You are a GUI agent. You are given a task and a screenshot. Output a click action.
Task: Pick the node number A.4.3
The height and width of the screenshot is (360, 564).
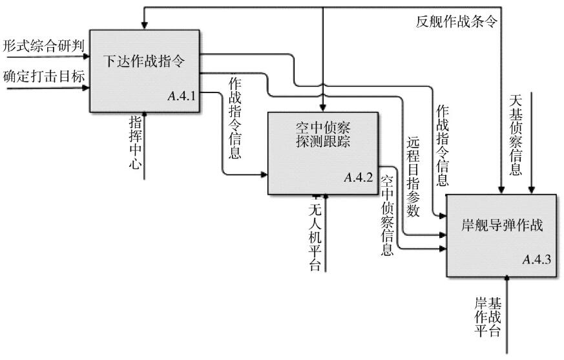[537, 260]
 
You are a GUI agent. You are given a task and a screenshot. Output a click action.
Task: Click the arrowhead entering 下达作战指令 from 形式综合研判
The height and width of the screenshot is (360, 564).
[86, 56]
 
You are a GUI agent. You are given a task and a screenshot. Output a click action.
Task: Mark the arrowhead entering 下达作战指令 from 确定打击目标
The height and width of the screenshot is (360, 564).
[86, 88]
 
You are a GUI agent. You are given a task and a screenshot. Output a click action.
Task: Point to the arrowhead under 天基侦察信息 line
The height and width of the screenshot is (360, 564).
[531, 191]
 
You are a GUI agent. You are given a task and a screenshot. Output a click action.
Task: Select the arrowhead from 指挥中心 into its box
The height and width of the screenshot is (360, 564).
[145, 115]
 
